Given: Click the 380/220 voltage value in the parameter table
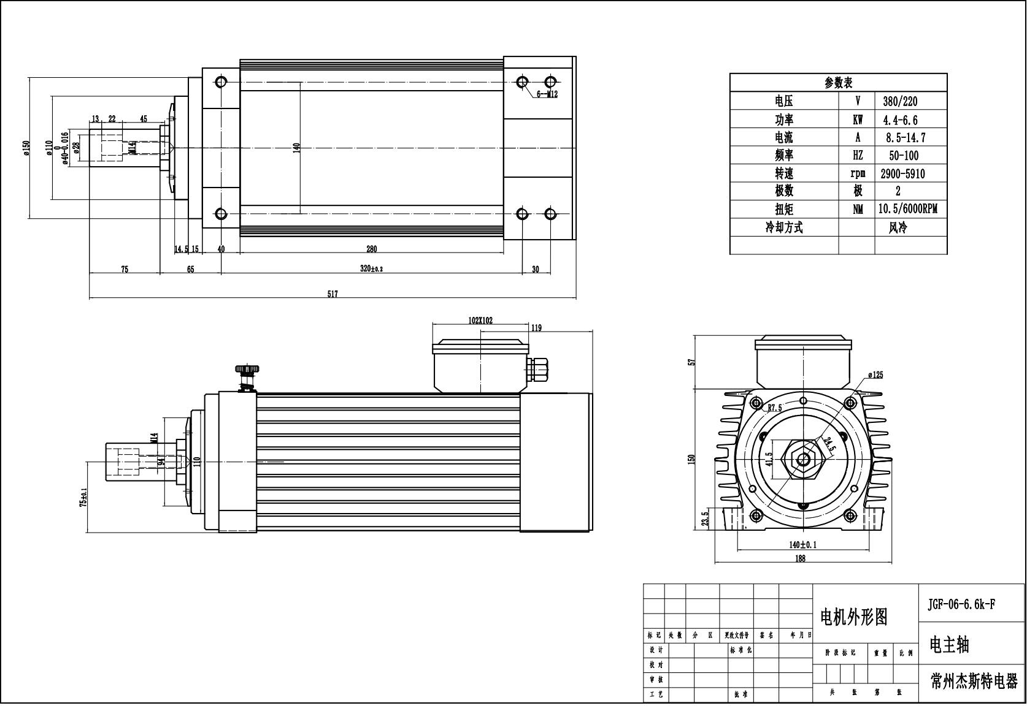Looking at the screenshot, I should coord(900,102).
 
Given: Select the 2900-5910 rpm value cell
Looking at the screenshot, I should coord(902,174).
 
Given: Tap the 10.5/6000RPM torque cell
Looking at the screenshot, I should coord(907,210).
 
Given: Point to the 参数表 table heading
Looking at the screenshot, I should coord(838,83).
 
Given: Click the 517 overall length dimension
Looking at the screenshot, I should coord(332,294).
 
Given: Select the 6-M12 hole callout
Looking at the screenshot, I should coord(547,94).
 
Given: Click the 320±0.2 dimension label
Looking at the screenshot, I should coord(371,269).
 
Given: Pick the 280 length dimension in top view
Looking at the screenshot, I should coord(371,249).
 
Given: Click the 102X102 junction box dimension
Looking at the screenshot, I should coord(480,321).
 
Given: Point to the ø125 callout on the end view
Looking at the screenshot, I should coord(875,375).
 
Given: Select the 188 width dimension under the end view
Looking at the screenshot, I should coord(800,558).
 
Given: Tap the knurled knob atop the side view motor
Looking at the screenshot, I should coord(247,370).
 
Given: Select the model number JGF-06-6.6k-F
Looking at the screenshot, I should coord(961,604).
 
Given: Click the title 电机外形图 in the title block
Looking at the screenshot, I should coord(853,617).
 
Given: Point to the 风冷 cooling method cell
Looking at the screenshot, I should coord(898,228).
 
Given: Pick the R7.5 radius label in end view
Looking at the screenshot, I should coord(775,408).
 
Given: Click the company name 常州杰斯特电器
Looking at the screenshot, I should coord(974,682).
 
